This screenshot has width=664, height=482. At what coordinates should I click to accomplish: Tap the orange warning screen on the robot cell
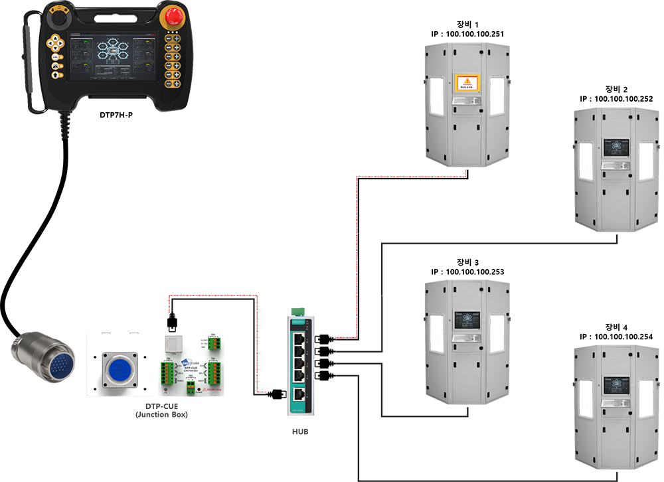coord(465,84)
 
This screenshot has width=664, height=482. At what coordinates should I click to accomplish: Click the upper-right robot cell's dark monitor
coord(616,147)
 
